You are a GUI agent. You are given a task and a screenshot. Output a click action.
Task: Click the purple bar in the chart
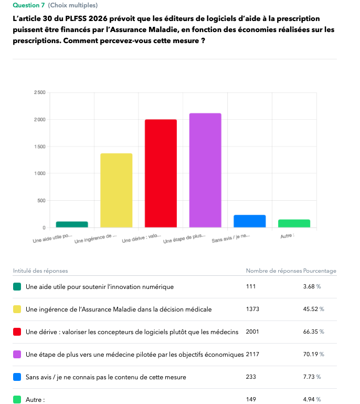(x=205, y=170)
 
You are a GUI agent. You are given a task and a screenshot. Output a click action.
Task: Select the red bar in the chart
(x=161, y=173)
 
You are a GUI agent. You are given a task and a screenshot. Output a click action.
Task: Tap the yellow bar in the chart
(x=116, y=190)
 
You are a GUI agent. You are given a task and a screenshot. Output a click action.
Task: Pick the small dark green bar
(x=72, y=224)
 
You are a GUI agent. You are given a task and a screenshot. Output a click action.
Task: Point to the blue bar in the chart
(x=250, y=221)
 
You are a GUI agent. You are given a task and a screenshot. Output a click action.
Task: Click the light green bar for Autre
(x=294, y=223)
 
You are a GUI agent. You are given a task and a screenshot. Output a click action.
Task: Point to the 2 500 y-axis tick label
(x=39, y=92)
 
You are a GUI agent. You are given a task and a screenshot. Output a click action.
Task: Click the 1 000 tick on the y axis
(x=40, y=173)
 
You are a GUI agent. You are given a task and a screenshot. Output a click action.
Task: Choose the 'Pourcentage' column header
(x=320, y=271)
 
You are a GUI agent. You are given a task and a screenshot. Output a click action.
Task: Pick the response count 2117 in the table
(x=252, y=354)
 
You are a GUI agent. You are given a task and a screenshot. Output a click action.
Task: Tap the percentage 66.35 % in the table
(x=313, y=332)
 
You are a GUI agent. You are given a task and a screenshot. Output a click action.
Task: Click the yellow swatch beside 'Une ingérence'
(x=17, y=309)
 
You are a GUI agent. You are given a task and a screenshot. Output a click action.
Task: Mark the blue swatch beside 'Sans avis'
(x=17, y=377)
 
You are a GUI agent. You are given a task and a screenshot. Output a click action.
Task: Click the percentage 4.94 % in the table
(x=312, y=399)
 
